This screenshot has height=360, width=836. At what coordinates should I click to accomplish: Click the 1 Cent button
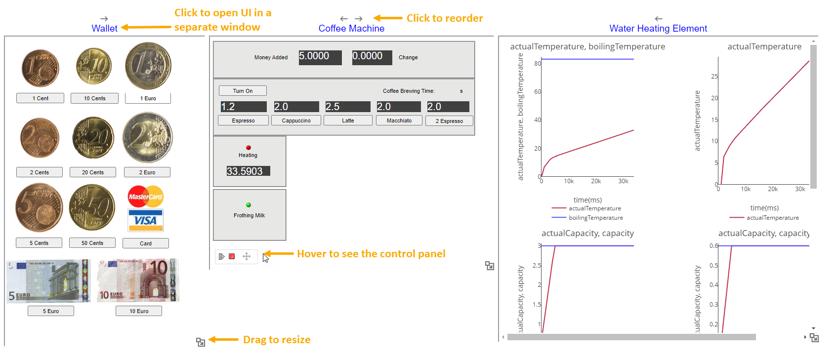41,98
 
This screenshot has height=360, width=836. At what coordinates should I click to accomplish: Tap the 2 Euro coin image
148,138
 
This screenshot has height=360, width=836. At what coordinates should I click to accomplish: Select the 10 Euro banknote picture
138,280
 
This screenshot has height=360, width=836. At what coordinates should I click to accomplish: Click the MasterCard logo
146,196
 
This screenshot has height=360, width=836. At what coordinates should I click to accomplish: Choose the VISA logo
146,220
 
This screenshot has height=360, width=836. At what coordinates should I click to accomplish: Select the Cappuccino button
296,120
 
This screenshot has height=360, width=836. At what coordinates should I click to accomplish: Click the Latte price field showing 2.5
348,107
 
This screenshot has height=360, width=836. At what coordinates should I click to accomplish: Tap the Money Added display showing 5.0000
320,57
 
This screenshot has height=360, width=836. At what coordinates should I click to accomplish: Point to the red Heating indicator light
249,148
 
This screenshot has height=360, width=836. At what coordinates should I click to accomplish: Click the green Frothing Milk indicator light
249,205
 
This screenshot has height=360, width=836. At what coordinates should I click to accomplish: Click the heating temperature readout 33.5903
248,171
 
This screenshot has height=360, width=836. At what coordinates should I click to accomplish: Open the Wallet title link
105,28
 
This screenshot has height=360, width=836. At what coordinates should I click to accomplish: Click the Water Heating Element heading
658,28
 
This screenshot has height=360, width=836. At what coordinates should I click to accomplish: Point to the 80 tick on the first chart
538,63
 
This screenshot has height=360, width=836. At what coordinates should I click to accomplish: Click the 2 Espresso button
449,121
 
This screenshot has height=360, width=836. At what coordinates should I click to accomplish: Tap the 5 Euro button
51,311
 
